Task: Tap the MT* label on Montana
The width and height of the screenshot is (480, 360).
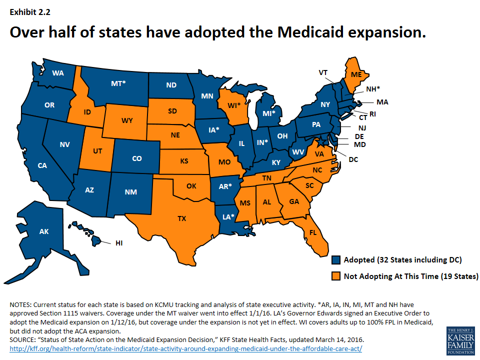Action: pos(118,83)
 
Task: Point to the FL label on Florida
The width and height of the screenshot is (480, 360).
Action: pos(313,233)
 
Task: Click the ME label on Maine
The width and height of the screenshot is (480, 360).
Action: pos(356,74)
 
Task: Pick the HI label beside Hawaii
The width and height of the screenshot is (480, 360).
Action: pos(119,243)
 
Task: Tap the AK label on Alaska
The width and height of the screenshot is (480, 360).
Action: pos(44,231)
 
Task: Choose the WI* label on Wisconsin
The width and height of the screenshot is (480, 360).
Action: pos(234,105)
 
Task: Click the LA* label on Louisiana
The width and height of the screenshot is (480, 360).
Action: pos(227,216)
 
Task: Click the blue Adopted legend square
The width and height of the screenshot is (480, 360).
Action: pos(336,260)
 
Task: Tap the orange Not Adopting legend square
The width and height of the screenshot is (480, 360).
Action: pos(336,276)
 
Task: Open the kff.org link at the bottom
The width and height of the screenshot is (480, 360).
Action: pos(185,348)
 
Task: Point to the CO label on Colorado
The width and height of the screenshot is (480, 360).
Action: pos(137,158)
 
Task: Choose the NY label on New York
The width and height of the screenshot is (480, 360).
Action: pos(325,105)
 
